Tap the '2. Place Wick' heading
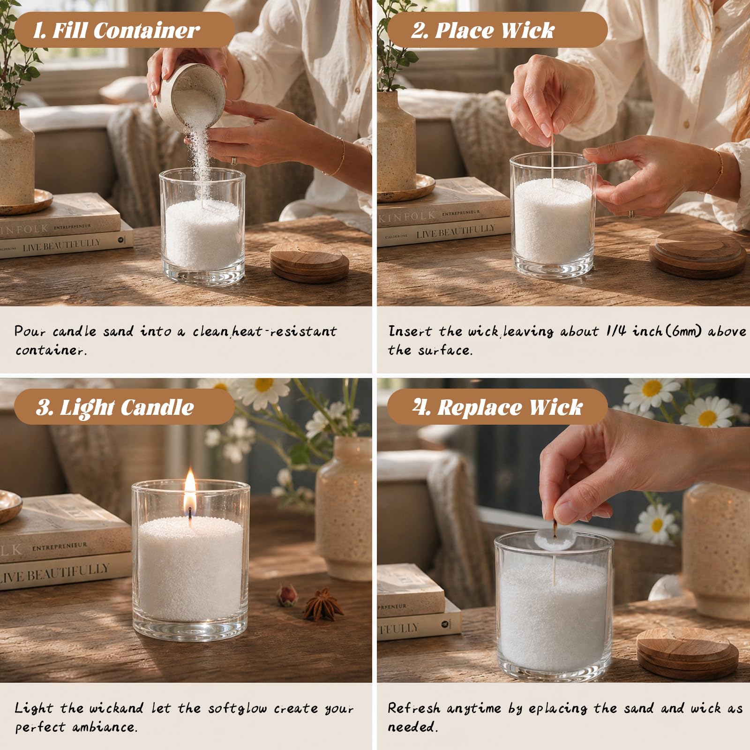[x=483, y=31]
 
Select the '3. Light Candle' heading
[x=115, y=407]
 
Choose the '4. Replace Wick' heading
[x=498, y=407]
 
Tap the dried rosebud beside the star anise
[x=287, y=595]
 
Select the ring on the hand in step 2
[x=632, y=214]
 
